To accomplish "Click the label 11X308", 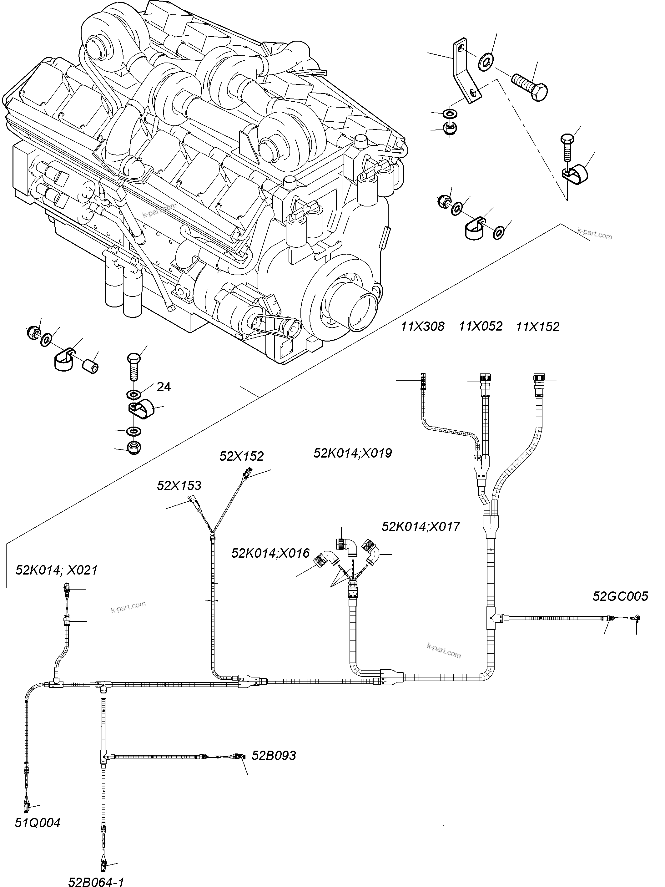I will pyautogui.click(x=422, y=327).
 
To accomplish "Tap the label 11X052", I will pyautogui.click(x=480, y=327).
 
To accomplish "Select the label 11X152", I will pyautogui.click(x=537, y=327).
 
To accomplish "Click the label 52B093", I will pyautogui.click(x=274, y=755).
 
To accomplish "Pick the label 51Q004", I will pyautogui.click(x=38, y=823).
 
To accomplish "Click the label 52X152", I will pyautogui.click(x=241, y=456).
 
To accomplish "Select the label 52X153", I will pyautogui.click(x=179, y=486).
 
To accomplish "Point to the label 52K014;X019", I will pyautogui.click(x=352, y=453).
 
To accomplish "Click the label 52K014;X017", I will pyautogui.click(x=421, y=526).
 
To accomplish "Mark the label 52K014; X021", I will pyautogui.click(x=57, y=570).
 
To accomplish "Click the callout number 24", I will pyautogui.click(x=164, y=387).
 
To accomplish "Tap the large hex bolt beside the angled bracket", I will pyautogui.click(x=530, y=87).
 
